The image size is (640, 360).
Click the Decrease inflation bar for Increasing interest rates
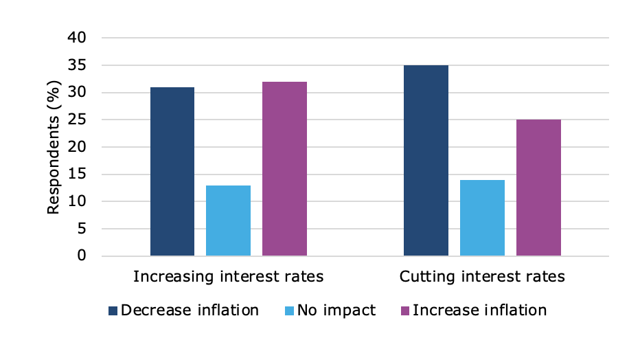click(172, 172)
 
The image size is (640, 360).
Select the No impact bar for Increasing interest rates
click(228, 221)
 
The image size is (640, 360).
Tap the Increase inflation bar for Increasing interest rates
click(284, 169)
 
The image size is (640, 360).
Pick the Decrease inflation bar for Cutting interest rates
click(426, 161)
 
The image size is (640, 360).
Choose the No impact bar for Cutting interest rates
click(482, 218)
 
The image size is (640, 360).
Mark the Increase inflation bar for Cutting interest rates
click(538, 188)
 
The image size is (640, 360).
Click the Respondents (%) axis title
click(54, 147)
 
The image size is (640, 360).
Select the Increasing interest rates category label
click(228, 277)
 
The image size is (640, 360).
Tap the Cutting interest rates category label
click(482, 277)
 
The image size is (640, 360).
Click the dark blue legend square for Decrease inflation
click(113, 311)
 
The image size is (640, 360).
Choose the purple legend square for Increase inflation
click(405, 311)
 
